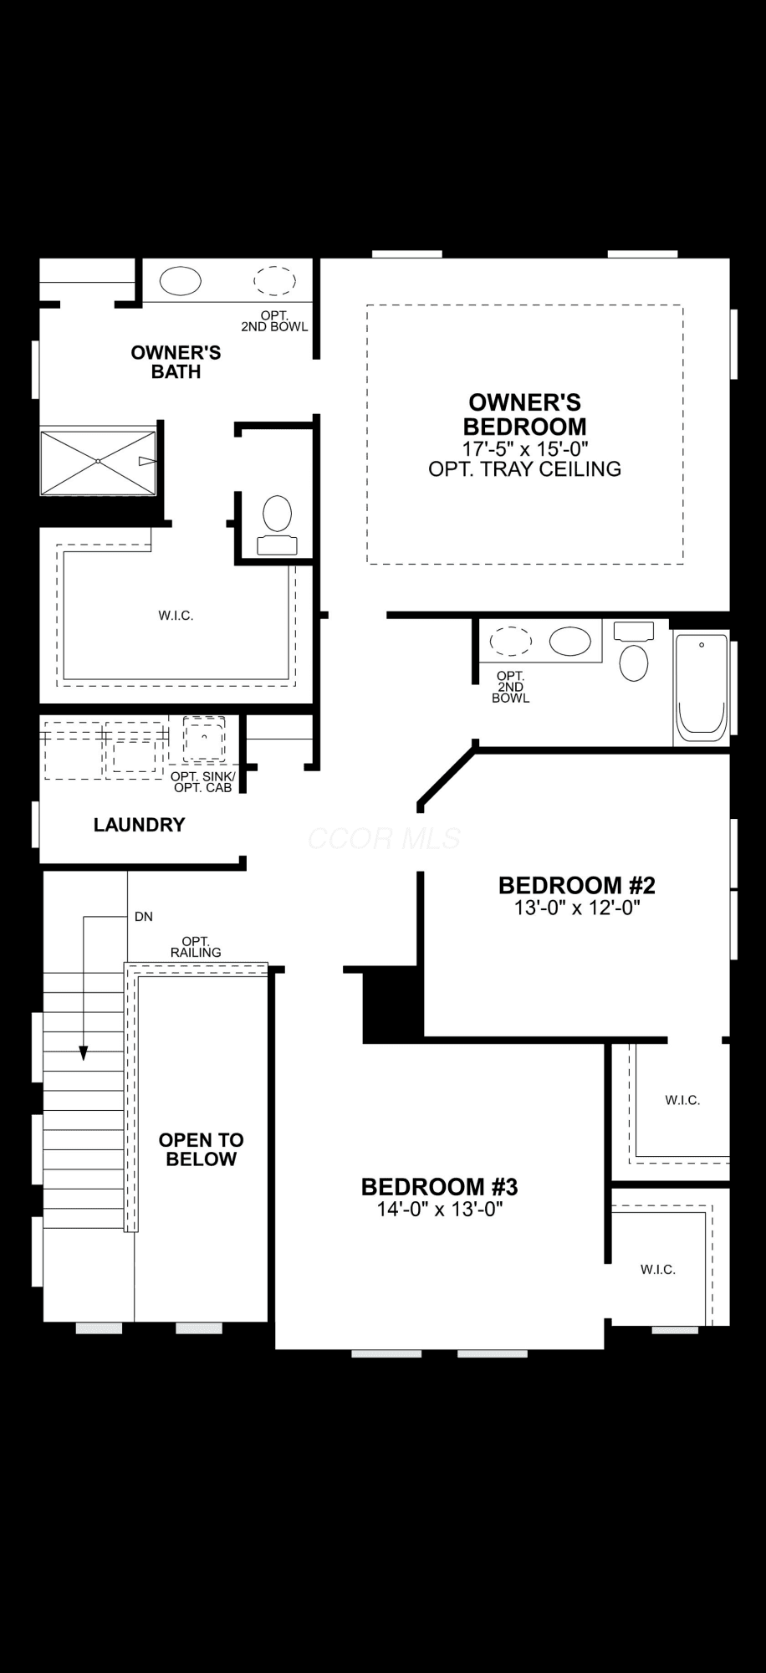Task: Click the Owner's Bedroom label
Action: (525, 414)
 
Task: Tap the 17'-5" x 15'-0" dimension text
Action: (525, 448)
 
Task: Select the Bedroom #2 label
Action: (577, 885)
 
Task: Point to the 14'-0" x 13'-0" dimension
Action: (440, 1209)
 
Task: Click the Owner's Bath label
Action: (176, 362)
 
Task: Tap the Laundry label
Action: (139, 825)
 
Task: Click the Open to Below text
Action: (202, 1149)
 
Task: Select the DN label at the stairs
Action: (144, 917)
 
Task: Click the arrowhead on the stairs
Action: (84, 1053)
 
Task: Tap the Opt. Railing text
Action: (196, 947)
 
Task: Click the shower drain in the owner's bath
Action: (98, 461)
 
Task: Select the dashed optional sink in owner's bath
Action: (275, 280)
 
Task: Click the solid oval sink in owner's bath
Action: (181, 281)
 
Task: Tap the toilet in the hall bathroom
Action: (634, 652)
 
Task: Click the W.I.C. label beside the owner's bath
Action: (176, 616)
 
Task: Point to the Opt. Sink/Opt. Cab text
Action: (203, 782)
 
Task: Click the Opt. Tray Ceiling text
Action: (525, 468)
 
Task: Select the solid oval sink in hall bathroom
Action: (569, 642)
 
